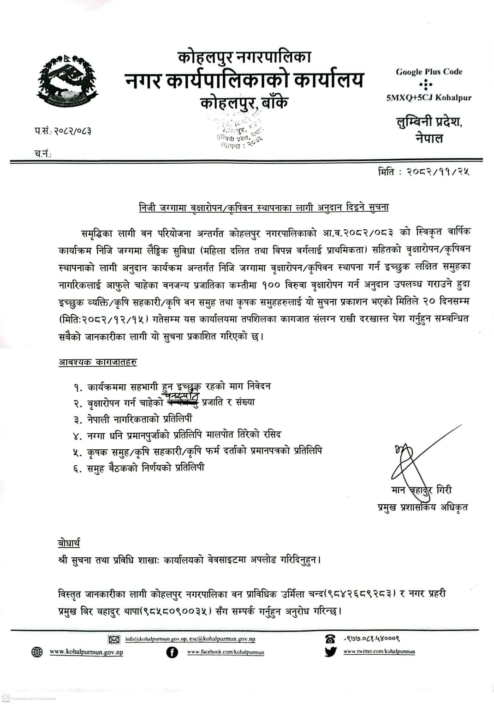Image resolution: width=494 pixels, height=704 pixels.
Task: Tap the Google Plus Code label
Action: pyautogui.click(x=429, y=72)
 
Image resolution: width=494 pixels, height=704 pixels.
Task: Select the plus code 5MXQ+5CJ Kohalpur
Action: pyautogui.click(x=429, y=97)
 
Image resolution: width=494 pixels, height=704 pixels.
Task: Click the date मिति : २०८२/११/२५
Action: pyautogui.click(x=423, y=172)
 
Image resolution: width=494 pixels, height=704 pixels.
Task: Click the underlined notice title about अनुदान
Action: pyautogui.click(x=264, y=207)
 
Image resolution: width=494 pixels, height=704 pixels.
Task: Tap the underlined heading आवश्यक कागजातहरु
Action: pyautogui.click(x=98, y=362)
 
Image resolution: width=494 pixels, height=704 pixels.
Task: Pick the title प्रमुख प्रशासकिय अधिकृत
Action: pyautogui.click(x=422, y=507)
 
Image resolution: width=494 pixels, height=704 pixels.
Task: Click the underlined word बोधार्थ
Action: pyautogui.click(x=69, y=543)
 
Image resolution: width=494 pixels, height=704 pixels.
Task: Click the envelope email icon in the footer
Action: pyautogui.click(x=113, y=639)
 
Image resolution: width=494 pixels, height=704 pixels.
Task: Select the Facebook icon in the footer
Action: pyautogui.click(x=172, y=652)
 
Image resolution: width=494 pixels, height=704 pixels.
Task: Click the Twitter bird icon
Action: pyautogui.click(x=330, y=652)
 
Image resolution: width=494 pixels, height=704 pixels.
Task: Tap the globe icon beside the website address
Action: pyautogui.click(x=37, y=652)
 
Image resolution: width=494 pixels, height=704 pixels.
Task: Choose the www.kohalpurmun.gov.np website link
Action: pyautogui.click(x=86, y=652)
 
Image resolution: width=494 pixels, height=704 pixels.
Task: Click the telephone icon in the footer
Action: pyautogui.click(x=330, y=639)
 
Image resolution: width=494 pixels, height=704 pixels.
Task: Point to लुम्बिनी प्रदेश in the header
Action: pyautogui.click(x=429, y=122)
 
